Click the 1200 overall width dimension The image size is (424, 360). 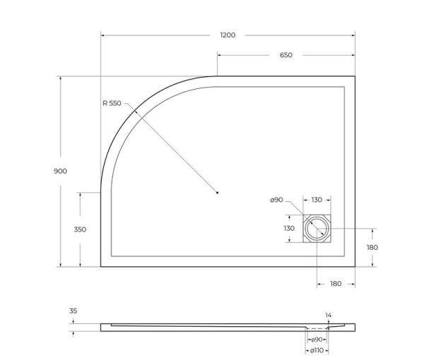click(228, 35)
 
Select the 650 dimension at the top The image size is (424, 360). click(285, 55)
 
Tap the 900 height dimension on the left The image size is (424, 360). click(61, 172)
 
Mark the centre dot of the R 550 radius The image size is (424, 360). click(218, 192)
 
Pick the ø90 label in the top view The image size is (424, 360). click(276, 200)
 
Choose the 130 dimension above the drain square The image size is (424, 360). click(316, 200)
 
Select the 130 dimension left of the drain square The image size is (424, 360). click(289, 229)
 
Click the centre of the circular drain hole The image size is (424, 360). click(317, 229)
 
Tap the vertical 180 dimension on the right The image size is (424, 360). click(372, 248)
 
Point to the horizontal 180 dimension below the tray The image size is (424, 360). click(336, 283)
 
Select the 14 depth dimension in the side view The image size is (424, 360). click(328, 315)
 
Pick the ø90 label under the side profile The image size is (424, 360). click(317, 340)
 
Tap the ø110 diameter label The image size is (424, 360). click(317, 350)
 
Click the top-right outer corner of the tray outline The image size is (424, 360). click(354, 76)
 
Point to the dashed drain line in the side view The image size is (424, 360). click(318, 328)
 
